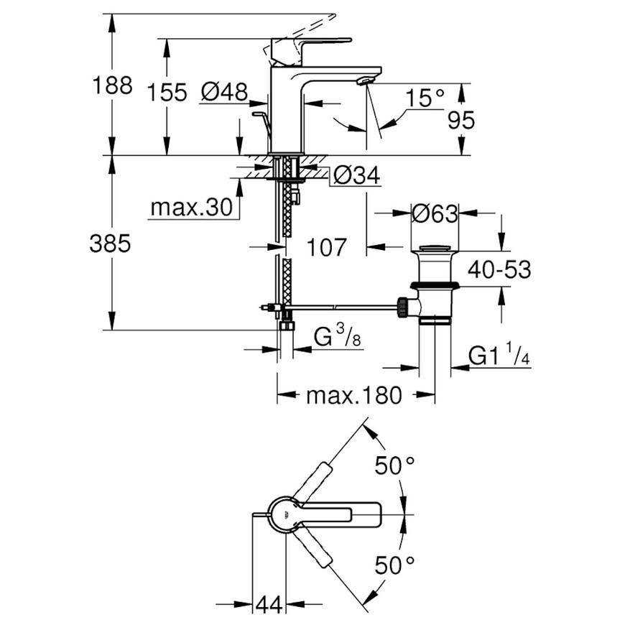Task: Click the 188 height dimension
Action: (112, 85)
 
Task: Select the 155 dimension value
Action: (167, 93)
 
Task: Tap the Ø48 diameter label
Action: (224, 92)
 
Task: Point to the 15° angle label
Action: (425, 98)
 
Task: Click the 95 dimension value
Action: (461, 120)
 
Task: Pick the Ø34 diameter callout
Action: (357, 175)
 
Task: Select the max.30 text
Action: (191, 208)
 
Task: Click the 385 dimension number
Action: (110, 244)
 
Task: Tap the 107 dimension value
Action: (326, 247)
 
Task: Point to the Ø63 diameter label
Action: (435, 214)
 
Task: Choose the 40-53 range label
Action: (499, 269)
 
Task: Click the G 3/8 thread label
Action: (337, 336)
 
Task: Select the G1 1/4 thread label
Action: (499, 354)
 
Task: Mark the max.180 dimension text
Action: (354, 395)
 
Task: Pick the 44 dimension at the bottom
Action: (269, 605)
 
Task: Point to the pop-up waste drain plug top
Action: (435, 249)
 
